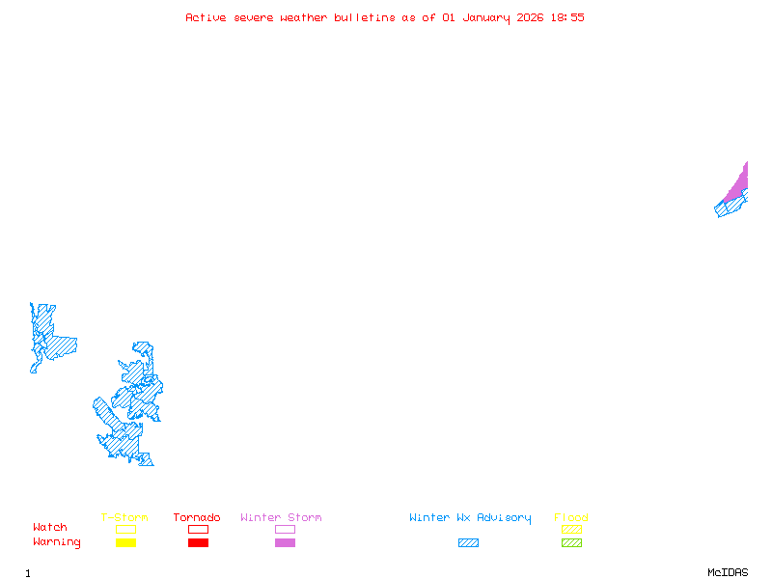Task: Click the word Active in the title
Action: (x=207, y=17)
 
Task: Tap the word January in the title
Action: (x=487, y=17)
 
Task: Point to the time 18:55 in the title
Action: (x=566, y=17)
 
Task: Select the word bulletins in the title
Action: (x=364, y=17)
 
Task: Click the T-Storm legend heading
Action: (x=124, y=518)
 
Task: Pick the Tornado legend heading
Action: (x=197, y=518)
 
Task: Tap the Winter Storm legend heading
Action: (x=281, y=518)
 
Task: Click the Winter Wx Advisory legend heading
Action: (x=470, y=518)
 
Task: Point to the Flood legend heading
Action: (x=571, y=518)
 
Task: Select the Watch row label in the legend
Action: (x=50, y=528)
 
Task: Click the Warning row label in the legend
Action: (x=57, y=542)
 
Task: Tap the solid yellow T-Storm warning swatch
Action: (x=125, y=543)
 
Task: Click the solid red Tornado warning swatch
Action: (x=198, y=543)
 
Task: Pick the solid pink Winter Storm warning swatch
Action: (x=285, y=543)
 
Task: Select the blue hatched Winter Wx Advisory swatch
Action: (x=468, y=543)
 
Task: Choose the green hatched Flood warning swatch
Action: (x=571, y=543)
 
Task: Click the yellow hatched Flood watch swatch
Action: (x=571, y=529)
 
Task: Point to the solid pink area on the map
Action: (x=738, y=185)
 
